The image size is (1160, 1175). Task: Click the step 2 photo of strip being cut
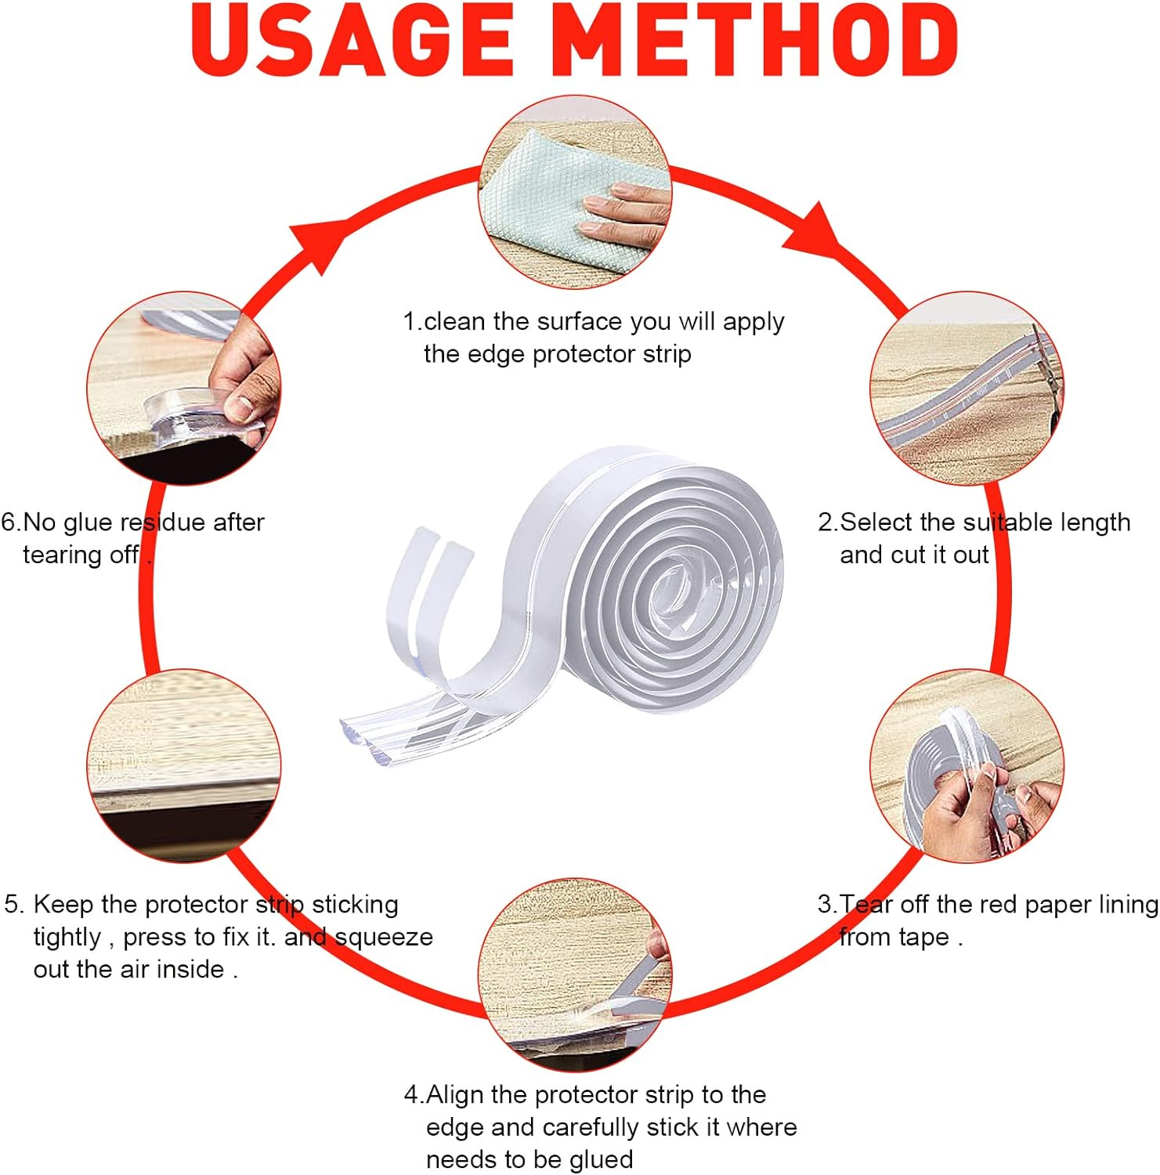(967, 389)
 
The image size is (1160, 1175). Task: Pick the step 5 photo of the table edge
(183, 766)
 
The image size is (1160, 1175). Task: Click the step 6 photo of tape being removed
(183, 389)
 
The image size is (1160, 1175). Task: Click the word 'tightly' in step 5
(67, 938)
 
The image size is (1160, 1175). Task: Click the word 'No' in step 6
(40, 522)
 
